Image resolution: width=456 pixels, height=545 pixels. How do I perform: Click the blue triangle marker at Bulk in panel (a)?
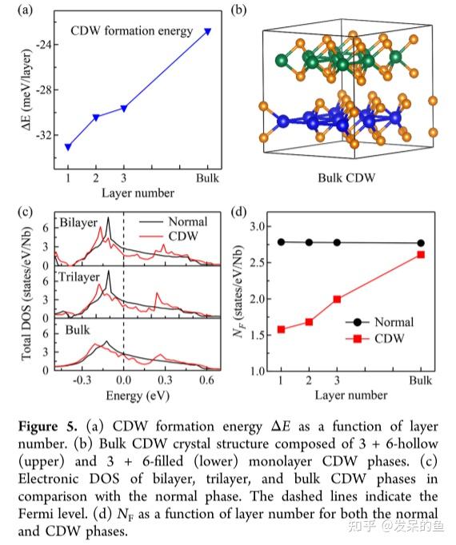coord(208,31)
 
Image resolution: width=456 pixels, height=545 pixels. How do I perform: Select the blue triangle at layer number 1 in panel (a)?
coord(68,146)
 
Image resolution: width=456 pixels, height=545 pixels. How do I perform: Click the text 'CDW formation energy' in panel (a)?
coord(132,31)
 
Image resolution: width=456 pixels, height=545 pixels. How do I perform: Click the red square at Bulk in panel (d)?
coord(421,255)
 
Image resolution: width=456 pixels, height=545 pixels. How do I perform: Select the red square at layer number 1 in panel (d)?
coord(281,329)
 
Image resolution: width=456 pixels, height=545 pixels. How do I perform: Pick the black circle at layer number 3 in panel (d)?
coord(337,242)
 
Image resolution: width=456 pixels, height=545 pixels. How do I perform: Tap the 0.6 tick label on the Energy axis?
coord(207,381)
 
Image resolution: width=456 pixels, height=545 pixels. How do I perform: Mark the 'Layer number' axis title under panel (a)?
coord(138,193)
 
